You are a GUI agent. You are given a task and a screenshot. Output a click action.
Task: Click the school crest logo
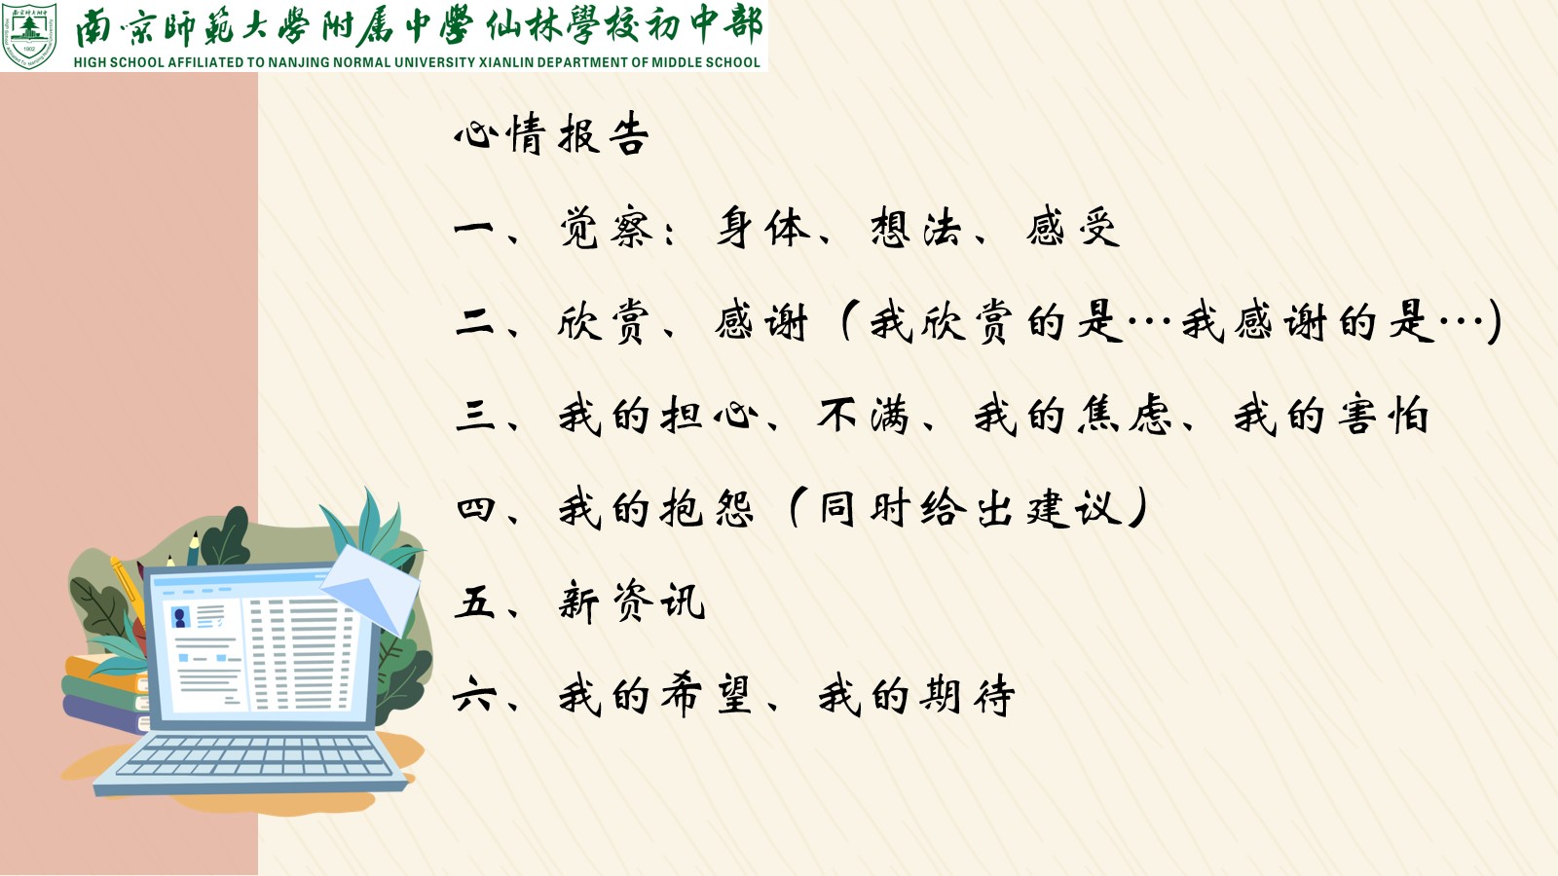click(x=28, y=35)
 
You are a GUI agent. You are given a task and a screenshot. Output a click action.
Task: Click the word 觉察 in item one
click(x=606, y=228)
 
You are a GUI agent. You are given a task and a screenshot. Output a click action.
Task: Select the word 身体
click(x=763, y=228)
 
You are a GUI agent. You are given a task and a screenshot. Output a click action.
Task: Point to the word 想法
click(x=916, y=228)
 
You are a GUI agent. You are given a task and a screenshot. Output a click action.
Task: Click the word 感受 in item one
click(x=1072, y=228)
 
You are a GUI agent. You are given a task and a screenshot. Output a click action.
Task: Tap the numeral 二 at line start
click(x=474, y=322)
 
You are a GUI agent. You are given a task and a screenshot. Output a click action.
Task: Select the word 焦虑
click(x=1125, y=416)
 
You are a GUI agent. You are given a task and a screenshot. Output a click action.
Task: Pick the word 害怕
click(x=1384, y=416)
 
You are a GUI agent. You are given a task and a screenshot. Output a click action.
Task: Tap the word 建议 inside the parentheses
click(x=1075, y=508)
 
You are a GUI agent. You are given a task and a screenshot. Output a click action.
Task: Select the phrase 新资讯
click(x=632, y=602)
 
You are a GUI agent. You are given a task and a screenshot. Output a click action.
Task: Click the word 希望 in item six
click(x=707, y=695)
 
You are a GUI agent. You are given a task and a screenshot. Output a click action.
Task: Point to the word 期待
click(x=967, y=695)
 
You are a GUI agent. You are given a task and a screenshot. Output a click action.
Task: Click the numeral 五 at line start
click(x=474, y=602)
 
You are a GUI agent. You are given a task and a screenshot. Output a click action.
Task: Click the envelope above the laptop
click(x=372, y=588)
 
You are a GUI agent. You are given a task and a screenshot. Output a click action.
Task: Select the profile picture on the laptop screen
click(x=181, y=617)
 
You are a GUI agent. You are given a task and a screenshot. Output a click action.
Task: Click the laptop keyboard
click(x=254, y=755)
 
